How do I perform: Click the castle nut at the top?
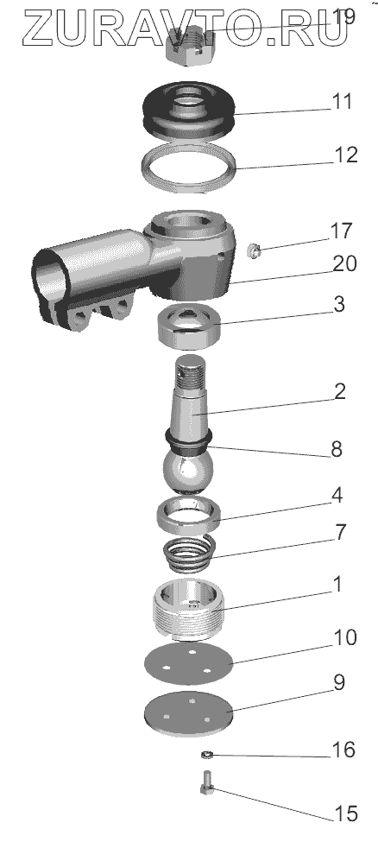(192, 47)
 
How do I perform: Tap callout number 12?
(345, 155)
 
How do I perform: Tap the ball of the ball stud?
(187, 470)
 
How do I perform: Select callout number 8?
(337, 449)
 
